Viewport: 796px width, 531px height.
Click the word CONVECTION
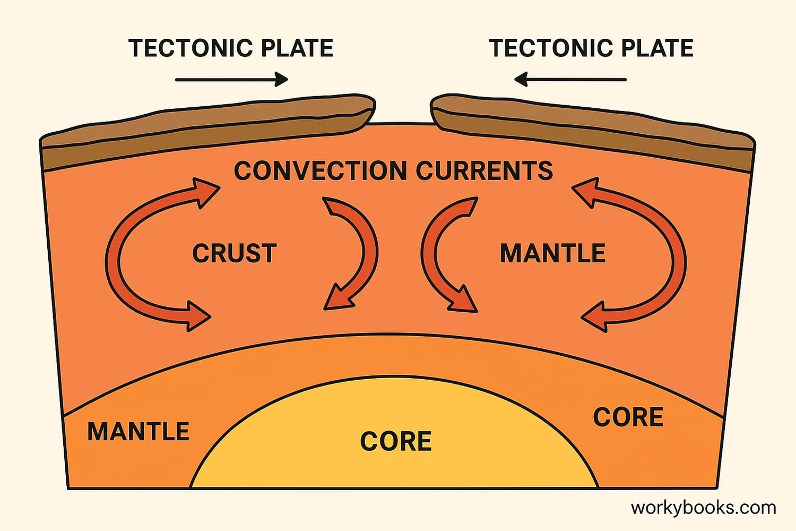click(321, 171)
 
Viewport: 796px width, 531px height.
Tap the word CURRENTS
click(484, 171)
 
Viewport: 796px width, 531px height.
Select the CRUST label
click(234, 253)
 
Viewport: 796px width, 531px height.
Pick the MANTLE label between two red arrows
click(552, 253)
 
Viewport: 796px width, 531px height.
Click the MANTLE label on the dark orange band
click(138, 431)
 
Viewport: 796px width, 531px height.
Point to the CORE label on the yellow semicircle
click(396, 441)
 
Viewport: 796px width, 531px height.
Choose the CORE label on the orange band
click(628, 417)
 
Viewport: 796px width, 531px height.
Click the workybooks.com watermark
click(703, 508)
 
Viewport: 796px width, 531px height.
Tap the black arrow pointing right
click(231, 80)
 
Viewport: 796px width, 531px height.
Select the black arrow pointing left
click(570, 80)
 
